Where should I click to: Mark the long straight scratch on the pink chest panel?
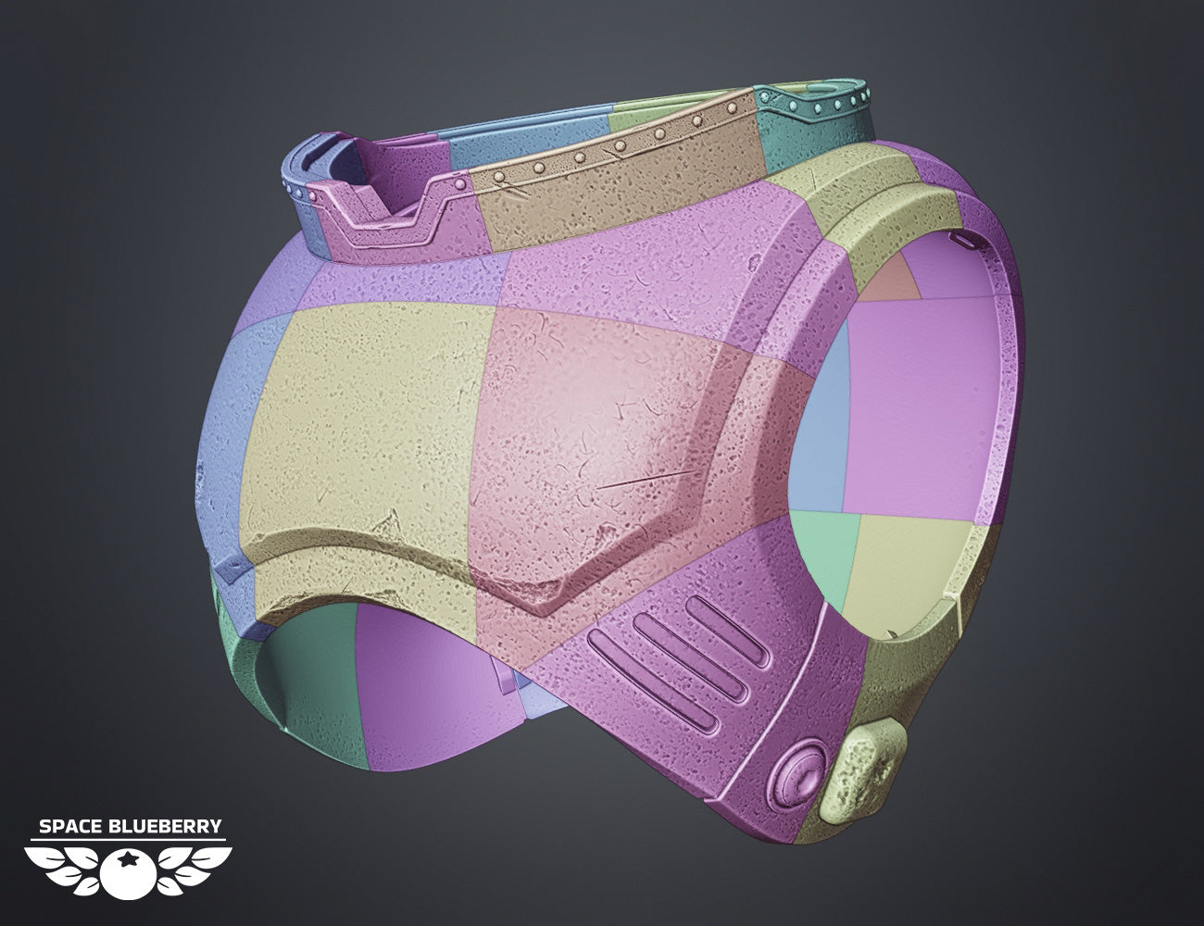[x=647, y=479]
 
